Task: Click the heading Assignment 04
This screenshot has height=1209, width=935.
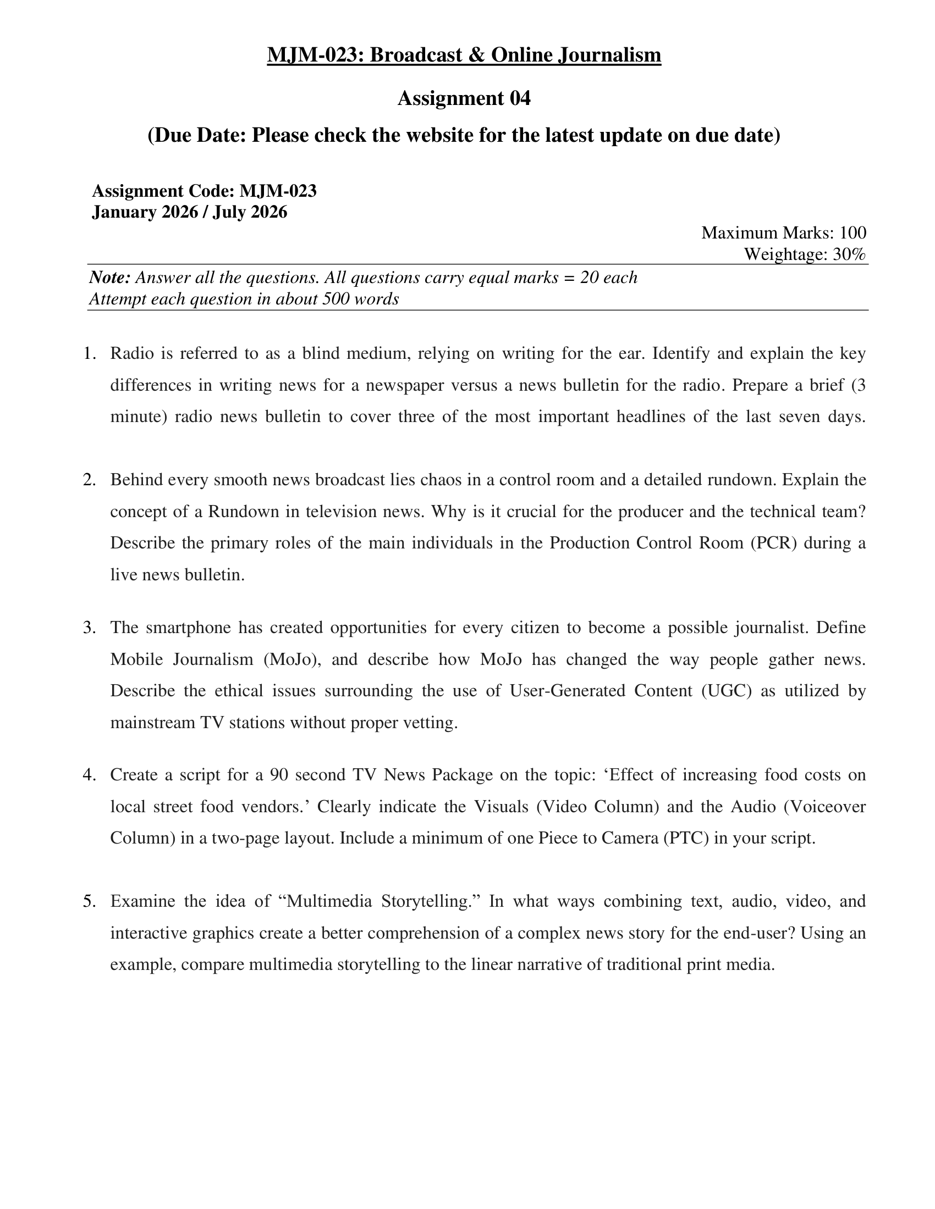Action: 464,98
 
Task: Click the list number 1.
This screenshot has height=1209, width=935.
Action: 89,353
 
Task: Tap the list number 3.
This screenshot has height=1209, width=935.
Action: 89,628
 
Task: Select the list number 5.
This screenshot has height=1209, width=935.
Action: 89,901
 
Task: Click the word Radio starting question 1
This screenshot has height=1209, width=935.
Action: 132,353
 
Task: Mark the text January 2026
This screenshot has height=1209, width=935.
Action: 145,212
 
